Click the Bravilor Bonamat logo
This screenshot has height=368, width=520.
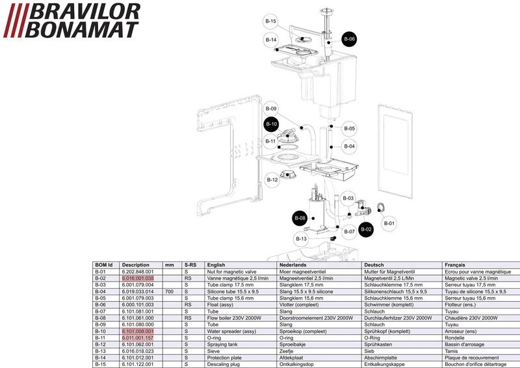tap(71, 20)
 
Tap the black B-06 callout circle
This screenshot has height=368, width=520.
tap(349, 39)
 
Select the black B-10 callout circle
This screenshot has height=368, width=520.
tap(272, 124)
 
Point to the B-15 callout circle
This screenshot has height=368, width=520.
tap(270, 21)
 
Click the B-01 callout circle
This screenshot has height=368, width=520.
tap(389, 223)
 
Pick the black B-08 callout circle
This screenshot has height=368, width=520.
tap(300, 218)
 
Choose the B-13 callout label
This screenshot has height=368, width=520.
tap(301, 239)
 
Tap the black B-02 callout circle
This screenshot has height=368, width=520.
tap(366, 230)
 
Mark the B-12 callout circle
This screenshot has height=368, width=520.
tap(272, 180)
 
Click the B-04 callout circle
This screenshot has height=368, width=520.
tap(349, 146)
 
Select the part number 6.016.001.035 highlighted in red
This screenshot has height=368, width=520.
tap(138, 278)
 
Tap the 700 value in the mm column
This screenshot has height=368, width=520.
tap(169, 292)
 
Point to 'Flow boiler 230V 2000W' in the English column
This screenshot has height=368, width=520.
tap(234, 318)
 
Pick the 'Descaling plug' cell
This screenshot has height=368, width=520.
tap(224, 364)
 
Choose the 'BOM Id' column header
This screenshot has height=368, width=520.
tap(104, 265)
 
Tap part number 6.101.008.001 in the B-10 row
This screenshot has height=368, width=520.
tap(138, 331)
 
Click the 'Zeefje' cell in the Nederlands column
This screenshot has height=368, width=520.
tap(286, 351)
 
